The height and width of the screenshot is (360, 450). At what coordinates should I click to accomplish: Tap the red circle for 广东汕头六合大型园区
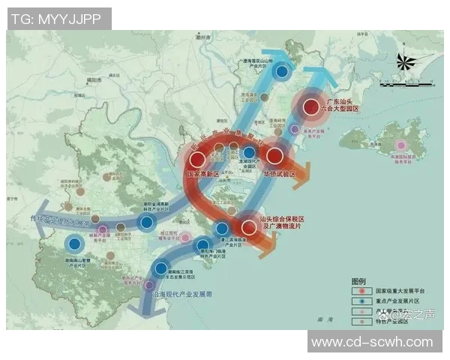tap(310, 107)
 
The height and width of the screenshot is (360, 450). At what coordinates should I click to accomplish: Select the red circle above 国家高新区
tap(197, 159)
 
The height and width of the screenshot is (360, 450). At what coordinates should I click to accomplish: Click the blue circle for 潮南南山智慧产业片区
tap(73, 243)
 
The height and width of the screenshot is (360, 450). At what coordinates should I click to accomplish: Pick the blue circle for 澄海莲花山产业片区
tap(282, 72)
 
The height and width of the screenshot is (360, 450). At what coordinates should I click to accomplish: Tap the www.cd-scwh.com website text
tap(372, 342)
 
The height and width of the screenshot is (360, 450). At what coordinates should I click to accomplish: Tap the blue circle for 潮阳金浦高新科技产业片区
tap(147, 222)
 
